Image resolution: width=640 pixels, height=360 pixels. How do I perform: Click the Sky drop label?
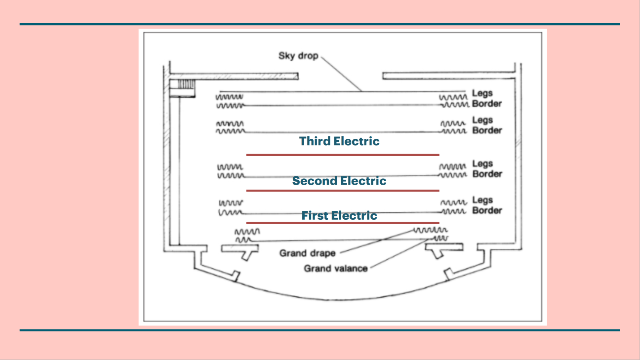click(298, 55)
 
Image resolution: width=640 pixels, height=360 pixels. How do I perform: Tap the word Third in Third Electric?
click(315, 141)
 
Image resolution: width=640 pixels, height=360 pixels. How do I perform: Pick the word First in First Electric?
click(315, 216)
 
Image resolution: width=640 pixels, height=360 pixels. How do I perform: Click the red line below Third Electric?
click(342, 155)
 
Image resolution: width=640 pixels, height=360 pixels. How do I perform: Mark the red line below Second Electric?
click(342, 191)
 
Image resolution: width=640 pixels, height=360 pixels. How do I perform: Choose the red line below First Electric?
click(342, 223)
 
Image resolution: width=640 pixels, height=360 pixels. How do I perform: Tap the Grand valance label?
click(335, 269)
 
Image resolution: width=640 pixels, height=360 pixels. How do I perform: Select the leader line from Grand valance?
click(400, 254)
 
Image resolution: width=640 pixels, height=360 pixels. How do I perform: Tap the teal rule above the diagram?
click(320, 24)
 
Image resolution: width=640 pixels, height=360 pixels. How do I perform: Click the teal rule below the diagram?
click(320, 330)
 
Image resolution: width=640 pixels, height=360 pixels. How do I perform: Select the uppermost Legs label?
click(482, 93)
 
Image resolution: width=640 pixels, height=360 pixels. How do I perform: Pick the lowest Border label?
click(487, 211)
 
